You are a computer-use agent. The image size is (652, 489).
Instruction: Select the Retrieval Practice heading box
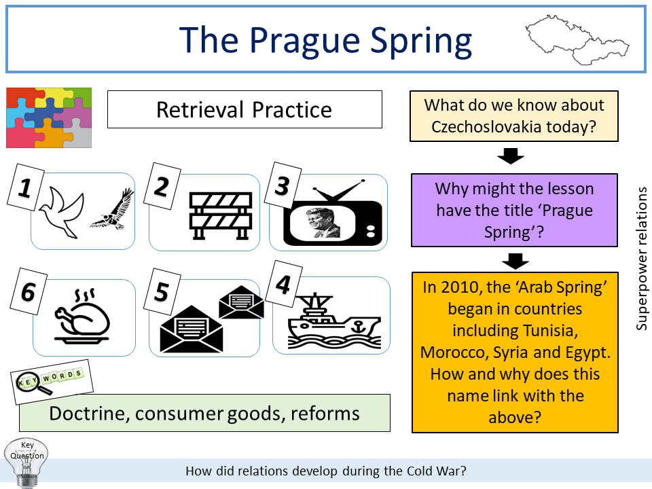click(244, 110)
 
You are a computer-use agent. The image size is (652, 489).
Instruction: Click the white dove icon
click(61, 209)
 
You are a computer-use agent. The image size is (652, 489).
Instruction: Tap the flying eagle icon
click(112, 209)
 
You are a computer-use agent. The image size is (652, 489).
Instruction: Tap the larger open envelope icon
click(191, 327)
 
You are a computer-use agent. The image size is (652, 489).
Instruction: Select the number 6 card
click(28, 293)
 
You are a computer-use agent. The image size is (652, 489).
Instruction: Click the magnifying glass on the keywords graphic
click(39, 388)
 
